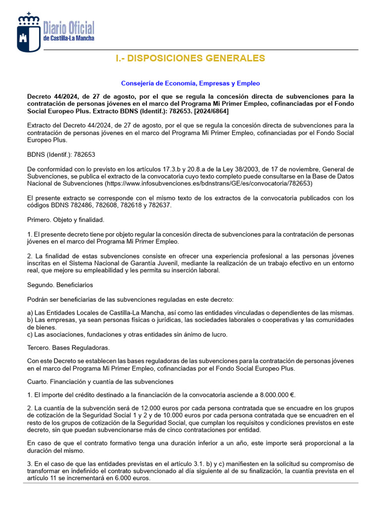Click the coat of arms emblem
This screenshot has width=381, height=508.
click(29, 33)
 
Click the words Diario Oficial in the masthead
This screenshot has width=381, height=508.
click(69, 28)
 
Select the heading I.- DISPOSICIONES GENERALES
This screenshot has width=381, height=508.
click(190, 59)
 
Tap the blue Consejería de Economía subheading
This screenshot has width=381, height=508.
click(190, 83)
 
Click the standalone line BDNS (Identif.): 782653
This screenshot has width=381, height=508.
click(61, 155)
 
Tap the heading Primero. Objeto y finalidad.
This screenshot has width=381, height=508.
click(65, 220)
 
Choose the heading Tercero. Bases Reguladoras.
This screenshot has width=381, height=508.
click(68, 348)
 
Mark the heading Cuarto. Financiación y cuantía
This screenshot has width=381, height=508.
click(100, 381)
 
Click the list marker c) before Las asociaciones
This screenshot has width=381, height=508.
click(30, 334)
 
